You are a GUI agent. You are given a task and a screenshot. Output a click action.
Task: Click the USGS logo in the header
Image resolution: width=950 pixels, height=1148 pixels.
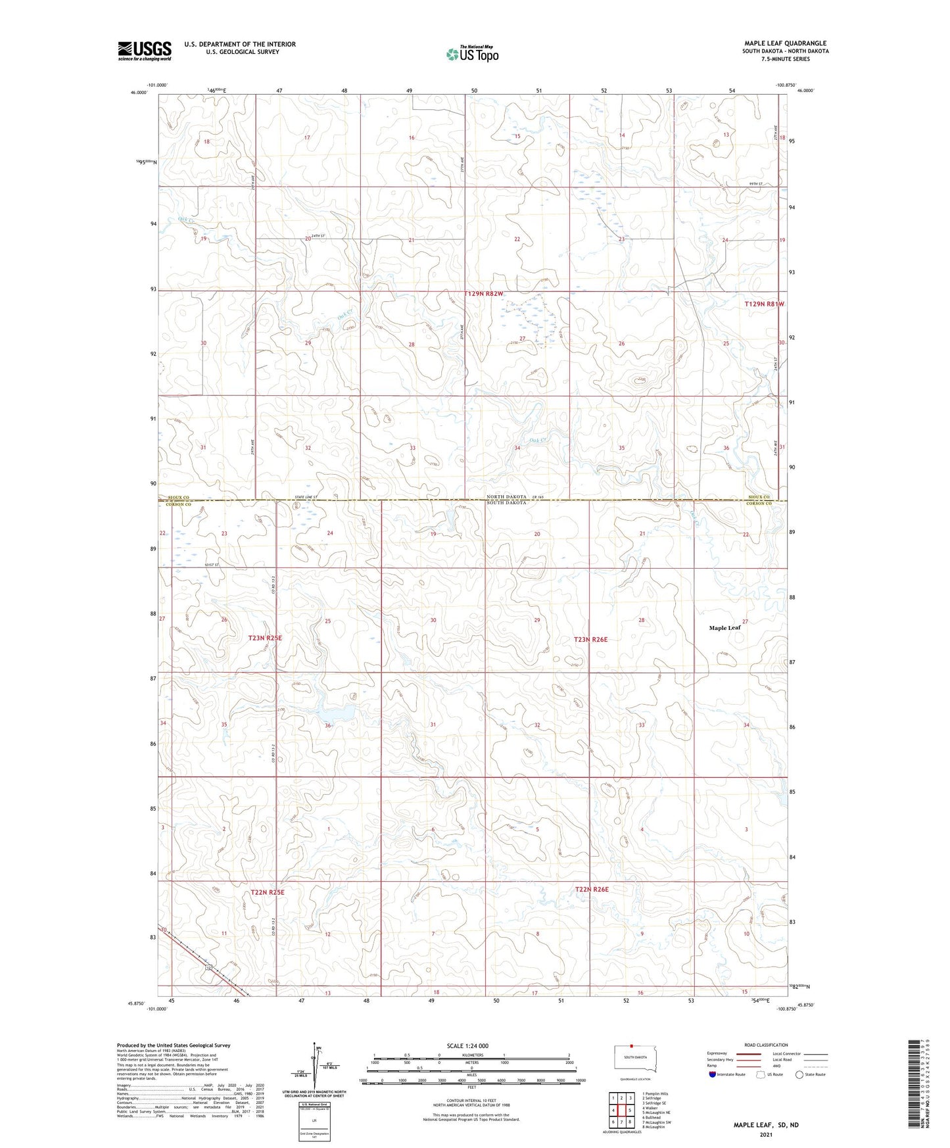click(x=145, y=50)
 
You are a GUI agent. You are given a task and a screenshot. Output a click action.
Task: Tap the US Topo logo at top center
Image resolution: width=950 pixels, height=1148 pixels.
click(x=471, y=54)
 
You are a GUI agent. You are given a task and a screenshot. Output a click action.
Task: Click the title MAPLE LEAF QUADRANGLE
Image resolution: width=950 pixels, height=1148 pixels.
click(x=785, y=43)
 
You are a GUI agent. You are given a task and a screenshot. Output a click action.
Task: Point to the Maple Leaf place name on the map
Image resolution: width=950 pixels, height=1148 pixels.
click(x=724, y=628)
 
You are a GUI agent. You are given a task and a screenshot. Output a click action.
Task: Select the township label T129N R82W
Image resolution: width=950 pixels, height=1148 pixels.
click(x=483, y=293)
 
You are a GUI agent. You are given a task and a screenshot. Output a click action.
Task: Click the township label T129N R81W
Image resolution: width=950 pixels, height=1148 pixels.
click(x=765, y=304)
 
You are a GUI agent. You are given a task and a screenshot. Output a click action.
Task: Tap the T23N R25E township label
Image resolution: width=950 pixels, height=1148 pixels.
click(x=265, y=638)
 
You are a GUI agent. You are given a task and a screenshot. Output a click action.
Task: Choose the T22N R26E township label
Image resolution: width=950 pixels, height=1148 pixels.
click(x=592, y=890)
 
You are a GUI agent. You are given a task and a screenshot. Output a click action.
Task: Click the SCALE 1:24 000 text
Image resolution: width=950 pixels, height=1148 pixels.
click(x=467, y=1046)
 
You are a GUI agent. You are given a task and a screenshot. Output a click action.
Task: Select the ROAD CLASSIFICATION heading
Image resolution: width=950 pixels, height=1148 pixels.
click(x=766, y=1045)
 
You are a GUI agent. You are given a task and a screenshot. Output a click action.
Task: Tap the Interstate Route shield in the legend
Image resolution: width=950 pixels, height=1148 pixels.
click(x=713, y=1074)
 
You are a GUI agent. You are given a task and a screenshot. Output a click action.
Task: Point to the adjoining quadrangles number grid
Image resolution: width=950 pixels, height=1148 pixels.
click(x=621, y=1111)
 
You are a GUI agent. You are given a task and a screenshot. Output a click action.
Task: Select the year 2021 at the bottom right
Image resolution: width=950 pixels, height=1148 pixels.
click(x=765, y=1134)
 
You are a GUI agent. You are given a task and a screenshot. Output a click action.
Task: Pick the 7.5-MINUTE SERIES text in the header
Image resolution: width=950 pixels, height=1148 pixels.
click(x=785, y=59)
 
